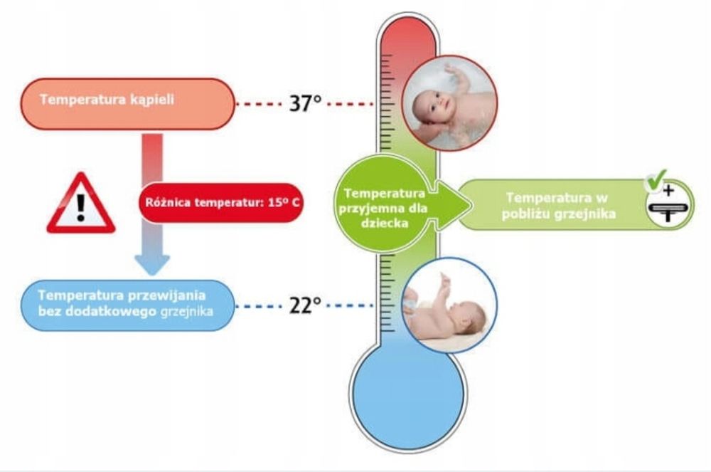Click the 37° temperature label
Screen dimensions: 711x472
[305, 103]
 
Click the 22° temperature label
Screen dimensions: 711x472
[305, 305]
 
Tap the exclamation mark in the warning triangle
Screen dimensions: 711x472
[81, 207]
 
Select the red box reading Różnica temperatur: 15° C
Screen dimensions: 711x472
[220, 202]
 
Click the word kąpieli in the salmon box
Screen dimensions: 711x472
[152, 100]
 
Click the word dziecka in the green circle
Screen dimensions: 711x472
[385, 224]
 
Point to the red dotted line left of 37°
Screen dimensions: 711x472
[260, 104]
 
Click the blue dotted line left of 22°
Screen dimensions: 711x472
[260, 306]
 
